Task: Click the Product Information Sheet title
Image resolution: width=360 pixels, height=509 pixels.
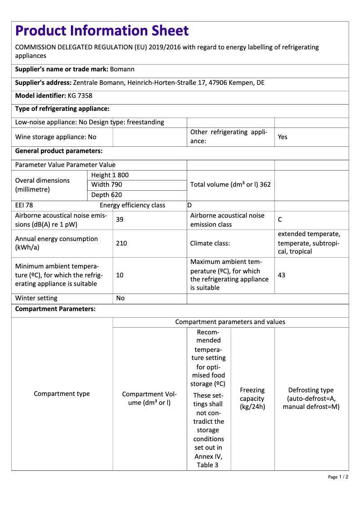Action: [x=102, y=31]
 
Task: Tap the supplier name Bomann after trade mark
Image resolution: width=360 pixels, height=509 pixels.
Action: [x=122, y=69]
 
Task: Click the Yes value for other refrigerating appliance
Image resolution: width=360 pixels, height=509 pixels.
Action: [x=282, y=137]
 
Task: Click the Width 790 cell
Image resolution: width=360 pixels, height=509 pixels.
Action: [x=106, y=184]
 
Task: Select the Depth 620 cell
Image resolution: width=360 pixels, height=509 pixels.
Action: [x=106, y=195]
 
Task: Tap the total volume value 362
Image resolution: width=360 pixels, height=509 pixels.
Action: [x=265, y=184]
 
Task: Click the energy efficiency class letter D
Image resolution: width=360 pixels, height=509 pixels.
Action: [x=189, y=205]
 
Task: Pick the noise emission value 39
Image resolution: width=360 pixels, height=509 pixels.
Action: [x=120, y=219]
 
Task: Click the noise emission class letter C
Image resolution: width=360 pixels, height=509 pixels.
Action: [x=280, y=219]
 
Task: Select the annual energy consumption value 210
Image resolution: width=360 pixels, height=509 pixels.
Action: [x=121, y=243]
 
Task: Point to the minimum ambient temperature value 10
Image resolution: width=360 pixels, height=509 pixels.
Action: [x=120, y=275]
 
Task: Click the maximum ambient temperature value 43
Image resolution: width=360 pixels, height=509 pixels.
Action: [x=281, y=275]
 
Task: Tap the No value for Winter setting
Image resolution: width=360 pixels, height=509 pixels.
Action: [x=120, y=298]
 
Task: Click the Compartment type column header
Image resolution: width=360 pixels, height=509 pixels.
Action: [x=62, y=394]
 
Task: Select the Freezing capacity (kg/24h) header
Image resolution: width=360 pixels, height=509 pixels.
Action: [x=252, y=399]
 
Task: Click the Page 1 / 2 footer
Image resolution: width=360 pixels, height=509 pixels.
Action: [x=338, y=477]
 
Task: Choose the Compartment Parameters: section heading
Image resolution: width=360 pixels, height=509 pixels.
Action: [x=55, y=309]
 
